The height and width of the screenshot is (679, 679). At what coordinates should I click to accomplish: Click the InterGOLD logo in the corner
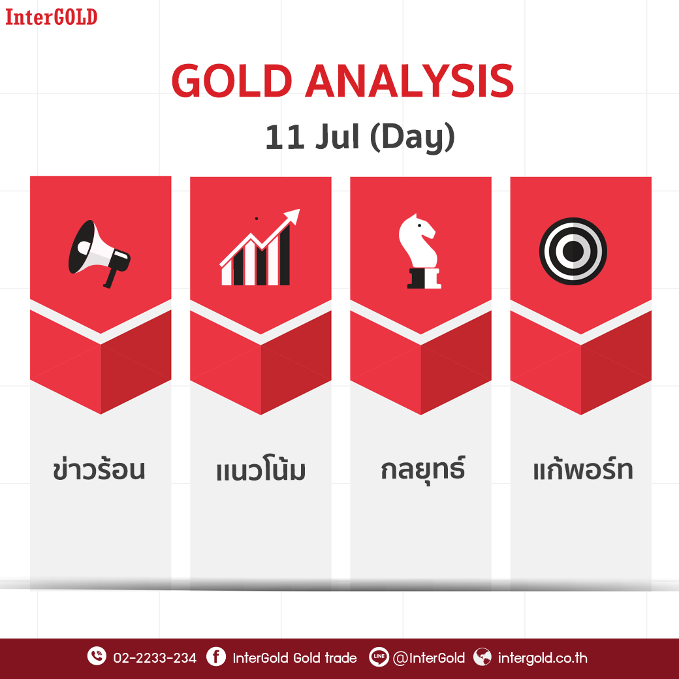[51, 18]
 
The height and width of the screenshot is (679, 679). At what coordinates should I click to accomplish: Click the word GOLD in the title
[232, 81]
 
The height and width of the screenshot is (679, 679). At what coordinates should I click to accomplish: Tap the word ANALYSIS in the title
[409, 81]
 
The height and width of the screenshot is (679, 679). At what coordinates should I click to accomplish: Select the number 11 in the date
[283, 137]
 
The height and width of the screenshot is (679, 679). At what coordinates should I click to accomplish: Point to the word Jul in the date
[338, 136]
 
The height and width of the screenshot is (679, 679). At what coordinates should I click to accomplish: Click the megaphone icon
[99, 254]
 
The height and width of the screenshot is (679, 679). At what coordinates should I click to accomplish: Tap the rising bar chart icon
[260, 247]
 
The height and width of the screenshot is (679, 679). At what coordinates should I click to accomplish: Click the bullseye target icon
[573, 251]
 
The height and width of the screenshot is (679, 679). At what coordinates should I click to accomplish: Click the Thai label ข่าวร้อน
[99, 469]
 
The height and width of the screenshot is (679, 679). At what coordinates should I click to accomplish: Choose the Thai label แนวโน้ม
[261, 469]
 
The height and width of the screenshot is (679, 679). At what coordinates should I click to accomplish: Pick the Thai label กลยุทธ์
[422, 469]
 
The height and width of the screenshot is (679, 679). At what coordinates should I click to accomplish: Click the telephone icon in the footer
[97, 656]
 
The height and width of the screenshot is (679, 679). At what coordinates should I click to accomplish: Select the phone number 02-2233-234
[155, 658]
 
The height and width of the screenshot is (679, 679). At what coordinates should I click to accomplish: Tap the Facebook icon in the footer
[216, 657]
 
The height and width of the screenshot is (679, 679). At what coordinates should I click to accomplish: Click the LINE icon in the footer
[379, 657]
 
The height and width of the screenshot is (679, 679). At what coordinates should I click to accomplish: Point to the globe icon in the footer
[482, 657]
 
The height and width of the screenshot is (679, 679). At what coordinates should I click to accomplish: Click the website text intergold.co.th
[543, 658]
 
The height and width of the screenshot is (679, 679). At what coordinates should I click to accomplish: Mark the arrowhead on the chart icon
[292, 215]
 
